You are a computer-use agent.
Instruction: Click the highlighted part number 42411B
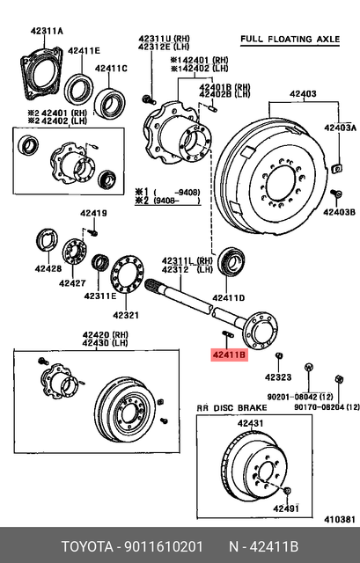point(227,355)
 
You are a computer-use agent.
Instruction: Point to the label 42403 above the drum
point(305,92)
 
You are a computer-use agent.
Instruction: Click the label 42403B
point(338,213)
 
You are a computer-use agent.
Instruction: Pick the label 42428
point(48,269)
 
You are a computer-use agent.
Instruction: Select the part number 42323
point(277,377)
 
